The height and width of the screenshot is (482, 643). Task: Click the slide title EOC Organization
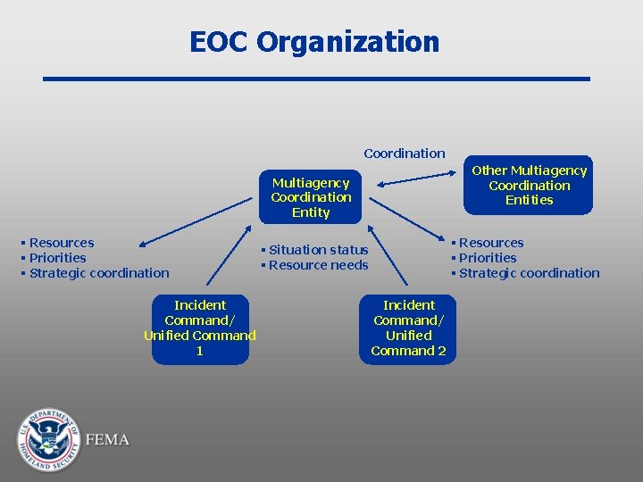(314, 42)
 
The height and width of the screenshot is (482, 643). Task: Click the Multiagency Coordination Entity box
(311, 197)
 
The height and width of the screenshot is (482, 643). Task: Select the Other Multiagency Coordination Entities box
(529, 185)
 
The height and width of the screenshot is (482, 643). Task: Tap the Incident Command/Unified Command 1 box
(200, 328)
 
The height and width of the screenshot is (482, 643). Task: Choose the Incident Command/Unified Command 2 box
(409, 328)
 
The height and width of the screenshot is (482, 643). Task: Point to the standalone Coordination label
(404, 154)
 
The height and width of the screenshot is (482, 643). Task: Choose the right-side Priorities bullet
(487, 258)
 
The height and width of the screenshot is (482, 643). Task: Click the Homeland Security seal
(47, 440)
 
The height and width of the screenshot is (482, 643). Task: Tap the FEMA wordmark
(107, 440)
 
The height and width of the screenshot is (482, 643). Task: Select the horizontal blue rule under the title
(316, 79)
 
